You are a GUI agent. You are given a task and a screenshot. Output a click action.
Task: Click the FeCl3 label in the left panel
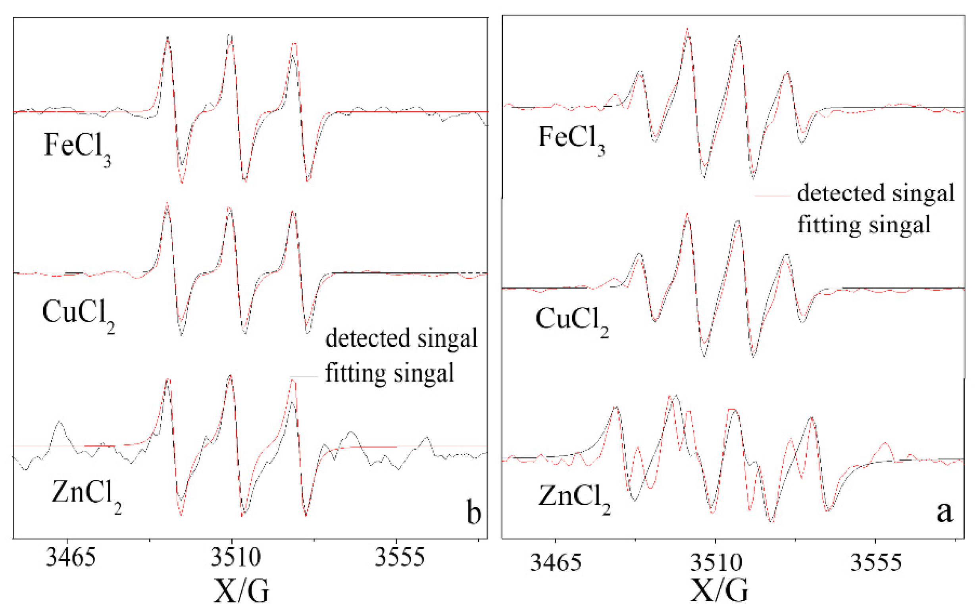[x=77, y=147]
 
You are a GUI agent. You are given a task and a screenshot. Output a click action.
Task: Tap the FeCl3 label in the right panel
[x=571, y=138]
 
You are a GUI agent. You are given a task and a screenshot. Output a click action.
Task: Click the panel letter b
[x=473, y=512]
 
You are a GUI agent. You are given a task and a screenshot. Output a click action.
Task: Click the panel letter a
[x=944, y=512]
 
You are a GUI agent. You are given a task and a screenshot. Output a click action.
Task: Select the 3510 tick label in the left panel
[x=235, y=558]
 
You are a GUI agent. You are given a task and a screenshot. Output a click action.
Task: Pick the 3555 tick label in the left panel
[x=399, y=558]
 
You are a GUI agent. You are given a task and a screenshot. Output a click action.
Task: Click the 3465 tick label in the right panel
[x=556, y=562]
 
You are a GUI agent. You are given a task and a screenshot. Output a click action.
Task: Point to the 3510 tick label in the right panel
[x=716, y=562]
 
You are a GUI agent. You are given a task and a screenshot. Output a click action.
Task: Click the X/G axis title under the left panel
[x=241, y=591]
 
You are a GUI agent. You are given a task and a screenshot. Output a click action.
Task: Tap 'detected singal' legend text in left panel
[x=401, y=338]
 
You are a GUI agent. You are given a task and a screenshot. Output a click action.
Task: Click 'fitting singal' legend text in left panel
[x=389, y=373]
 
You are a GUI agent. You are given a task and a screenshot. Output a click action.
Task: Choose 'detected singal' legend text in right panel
[x=875, y=193]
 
